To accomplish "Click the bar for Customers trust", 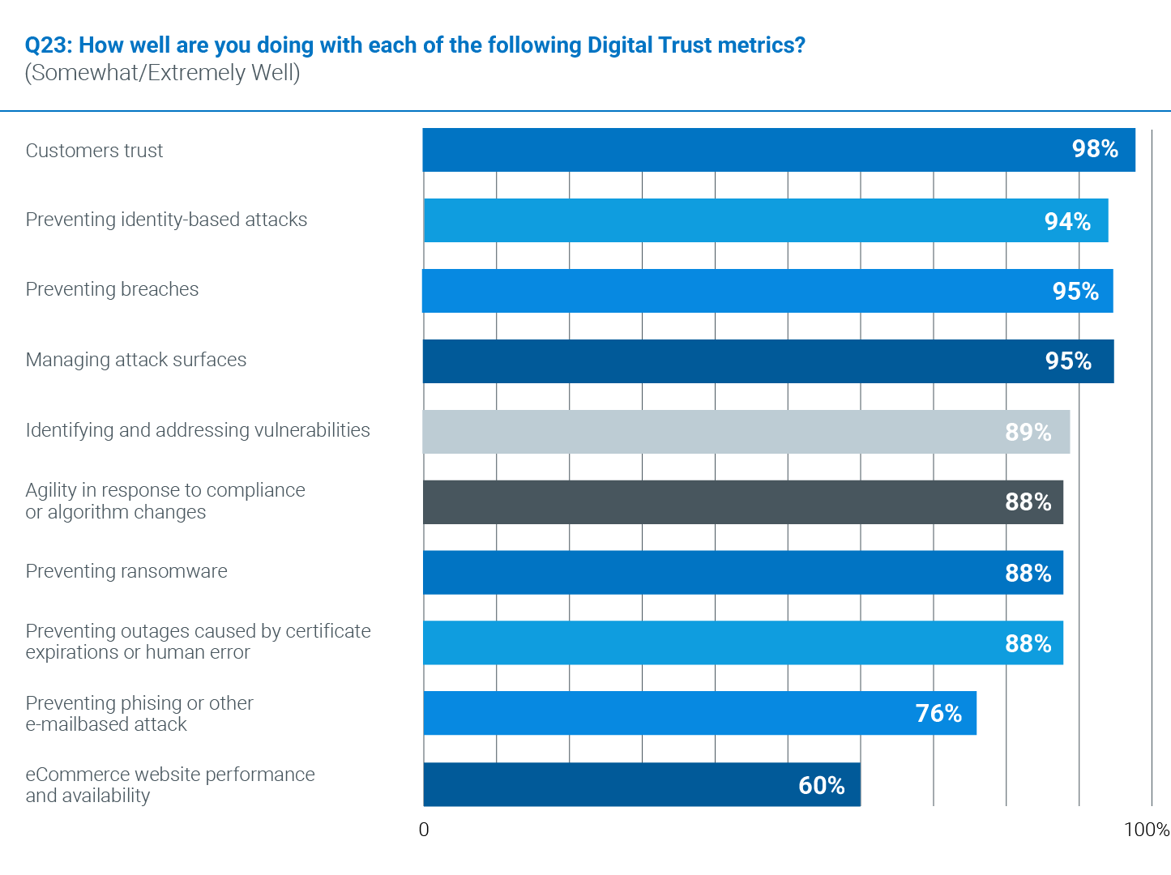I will [x=778, y=150].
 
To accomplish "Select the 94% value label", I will [x=1067, y=221].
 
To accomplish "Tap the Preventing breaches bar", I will [x=767, y=291].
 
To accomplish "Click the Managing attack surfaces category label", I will [x=136, y=360].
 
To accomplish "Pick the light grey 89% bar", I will [x=746, y=432].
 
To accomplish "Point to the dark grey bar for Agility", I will [x=743, y=502].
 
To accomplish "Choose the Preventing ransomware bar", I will [x=743, y=573].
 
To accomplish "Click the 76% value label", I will [x=938, y=713].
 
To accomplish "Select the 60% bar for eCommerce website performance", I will [x=642, y=784].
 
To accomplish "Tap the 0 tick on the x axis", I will [x=424, y=830].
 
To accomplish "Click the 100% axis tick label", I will [x=1146, y=830].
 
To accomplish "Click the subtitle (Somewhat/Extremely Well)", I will [x=163, y=73].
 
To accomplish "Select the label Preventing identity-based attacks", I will [x=166, y=220].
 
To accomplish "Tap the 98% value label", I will [x=1095, y=149].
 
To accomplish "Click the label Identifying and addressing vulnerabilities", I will [x=198, y=430].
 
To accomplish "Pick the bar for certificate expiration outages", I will [x=743, y=643].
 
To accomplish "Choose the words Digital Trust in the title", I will [x=647, y=45].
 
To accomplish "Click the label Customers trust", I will [x=94, y=151].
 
